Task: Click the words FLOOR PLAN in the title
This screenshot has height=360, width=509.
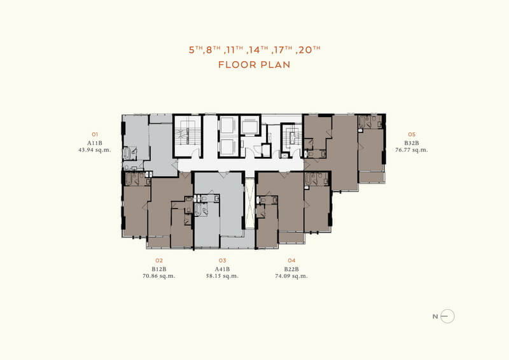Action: [x=254, y=65]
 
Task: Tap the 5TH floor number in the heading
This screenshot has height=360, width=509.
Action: [x=196, y=50]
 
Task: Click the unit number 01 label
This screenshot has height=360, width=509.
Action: [x=95, y=134]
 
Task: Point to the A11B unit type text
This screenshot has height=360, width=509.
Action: [x=95, y=143]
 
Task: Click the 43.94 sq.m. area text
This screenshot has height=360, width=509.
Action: [x=95, y=150]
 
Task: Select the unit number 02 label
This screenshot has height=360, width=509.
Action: [x=158, y=260]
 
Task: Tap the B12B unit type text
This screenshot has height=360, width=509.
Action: [x=159, y=269]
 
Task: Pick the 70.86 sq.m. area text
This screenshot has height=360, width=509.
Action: [x=159, y=276]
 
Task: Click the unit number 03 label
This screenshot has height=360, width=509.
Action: [x=222, y=260]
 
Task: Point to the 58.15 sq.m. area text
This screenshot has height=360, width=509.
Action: [x=222, y=276]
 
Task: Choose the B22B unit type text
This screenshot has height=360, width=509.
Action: [x=291, y=269]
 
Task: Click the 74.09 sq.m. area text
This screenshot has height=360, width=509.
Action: [x=291, y=276]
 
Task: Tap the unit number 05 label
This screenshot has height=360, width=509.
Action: [x=412, y=134]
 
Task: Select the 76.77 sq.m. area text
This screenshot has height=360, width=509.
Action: [x=412, y=150]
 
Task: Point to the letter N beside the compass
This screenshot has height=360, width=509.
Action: [x=435, y=317]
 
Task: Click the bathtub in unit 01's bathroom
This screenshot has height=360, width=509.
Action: [x=127, y=153]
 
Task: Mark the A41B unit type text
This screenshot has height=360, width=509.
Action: [x=222, y=269]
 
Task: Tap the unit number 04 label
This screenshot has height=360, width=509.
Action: [x=291, y=260]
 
